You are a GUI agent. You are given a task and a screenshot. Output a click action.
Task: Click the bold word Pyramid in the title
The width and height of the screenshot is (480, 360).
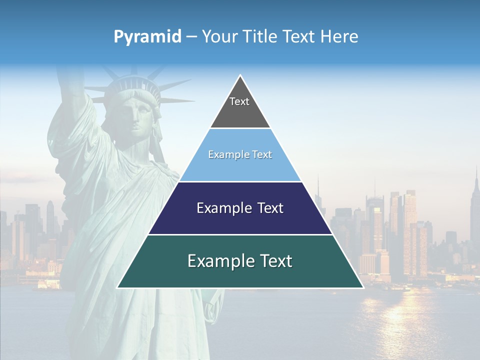pyautogui.click(x=147, y=36)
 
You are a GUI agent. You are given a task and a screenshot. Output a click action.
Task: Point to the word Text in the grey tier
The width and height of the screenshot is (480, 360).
pyautogui.click(x=239, y=101)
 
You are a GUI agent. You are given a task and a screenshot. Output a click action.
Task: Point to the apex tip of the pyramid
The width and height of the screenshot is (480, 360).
pyautogui.click(x=240, y=76)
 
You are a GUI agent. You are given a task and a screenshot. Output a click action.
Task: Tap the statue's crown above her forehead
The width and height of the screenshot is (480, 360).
pyautogui.click(x=132, y=87)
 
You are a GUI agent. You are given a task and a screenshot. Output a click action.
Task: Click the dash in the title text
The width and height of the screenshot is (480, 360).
pyautogui.click(x=191, y=36)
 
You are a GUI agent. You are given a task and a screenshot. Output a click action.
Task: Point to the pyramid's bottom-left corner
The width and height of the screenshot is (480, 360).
pyautogui.click(x=118, y=287)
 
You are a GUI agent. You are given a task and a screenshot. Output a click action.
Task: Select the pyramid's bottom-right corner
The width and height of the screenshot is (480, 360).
pyautogui.click(x=362, y=287)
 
